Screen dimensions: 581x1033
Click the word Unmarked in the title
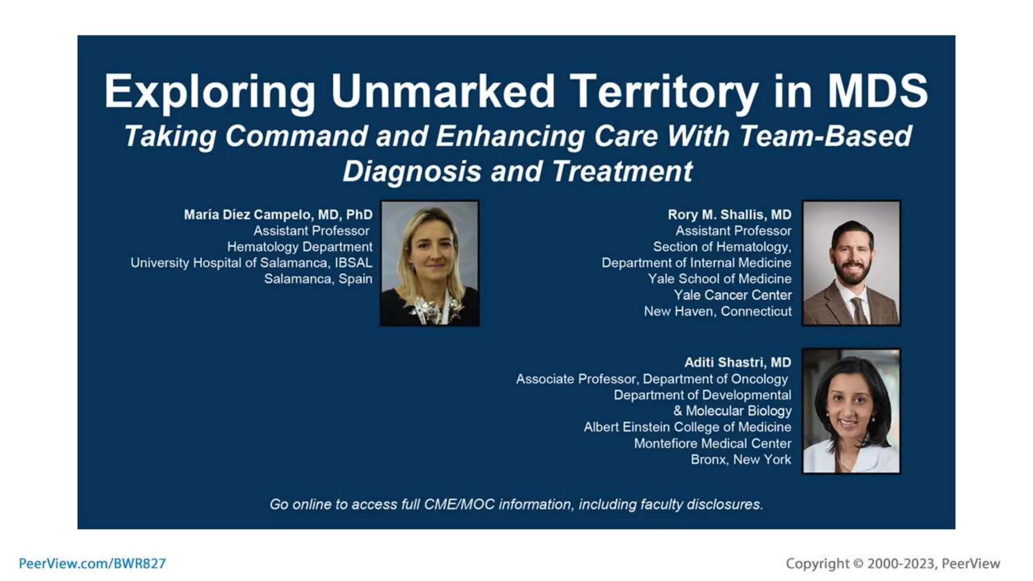tap(443, 91)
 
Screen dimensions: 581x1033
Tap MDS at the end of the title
tap(877, 91)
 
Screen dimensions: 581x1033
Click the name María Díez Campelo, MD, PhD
tap(278, 215)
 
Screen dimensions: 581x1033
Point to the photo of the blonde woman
tap(430, 263)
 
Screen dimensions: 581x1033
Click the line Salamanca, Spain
tap(318, 279)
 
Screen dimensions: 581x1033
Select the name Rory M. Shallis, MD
tap(729, 215)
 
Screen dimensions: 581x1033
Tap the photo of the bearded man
tap(851, 263)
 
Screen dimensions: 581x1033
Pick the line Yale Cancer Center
tap(732, 295)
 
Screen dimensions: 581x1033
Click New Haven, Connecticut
tap(717, 311)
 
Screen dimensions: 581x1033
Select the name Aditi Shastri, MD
tap(737, 363)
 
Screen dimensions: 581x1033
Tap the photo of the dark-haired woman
tap(851, 411)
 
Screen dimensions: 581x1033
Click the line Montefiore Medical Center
tap(712, 443)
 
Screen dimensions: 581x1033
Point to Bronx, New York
tap(740, 459)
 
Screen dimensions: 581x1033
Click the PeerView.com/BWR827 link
tap(92, 563)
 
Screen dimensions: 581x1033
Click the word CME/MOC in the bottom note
tap(459, 504)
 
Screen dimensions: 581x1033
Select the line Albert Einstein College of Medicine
tap(687, 427)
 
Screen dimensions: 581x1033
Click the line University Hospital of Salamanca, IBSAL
tap(251, 263)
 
